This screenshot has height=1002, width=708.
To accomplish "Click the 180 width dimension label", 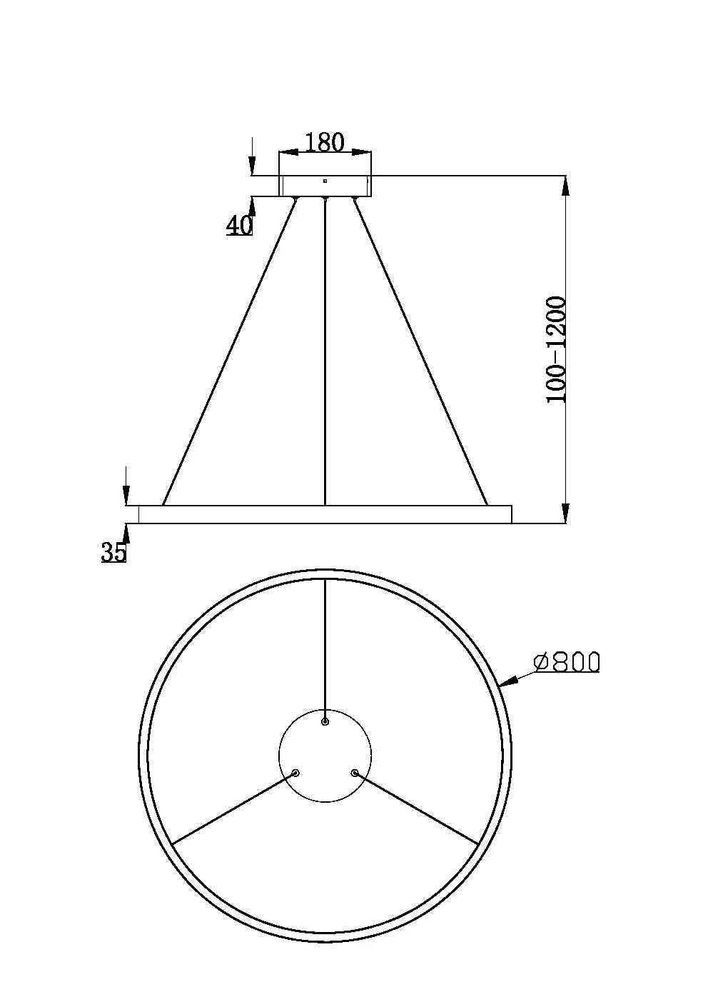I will click(x=325, y=142).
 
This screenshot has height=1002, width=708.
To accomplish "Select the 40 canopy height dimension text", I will click(x=239, y=226).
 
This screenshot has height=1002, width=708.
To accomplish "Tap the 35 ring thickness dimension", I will click(x=113, y=551).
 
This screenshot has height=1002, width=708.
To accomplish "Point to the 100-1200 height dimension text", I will click(x=556, y=350).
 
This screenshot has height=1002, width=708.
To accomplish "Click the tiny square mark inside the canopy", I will click(x=325, y=181).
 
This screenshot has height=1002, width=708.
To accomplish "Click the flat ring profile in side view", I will click(x=325, y=514).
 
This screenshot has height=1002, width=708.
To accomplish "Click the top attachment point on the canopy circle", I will click(x=325, y=722).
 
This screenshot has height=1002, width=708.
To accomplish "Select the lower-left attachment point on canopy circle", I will click(x=295, y=772).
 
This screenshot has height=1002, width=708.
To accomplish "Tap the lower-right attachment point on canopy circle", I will click(x=353, y=772).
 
